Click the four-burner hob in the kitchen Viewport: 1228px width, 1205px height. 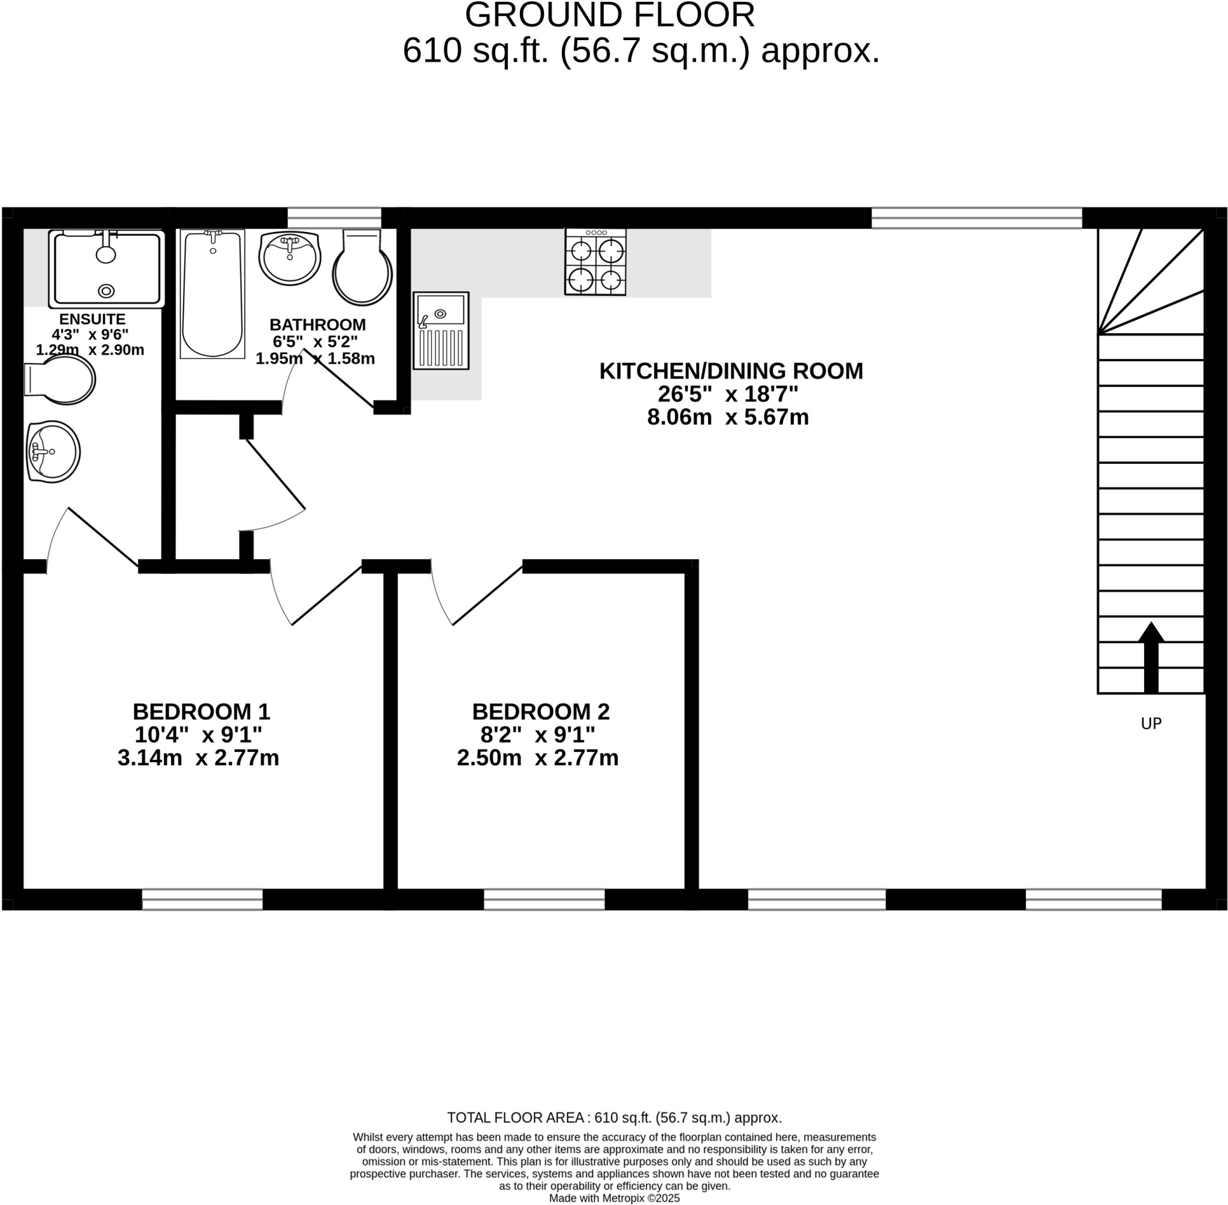pyautogui.click(x=595, y=262)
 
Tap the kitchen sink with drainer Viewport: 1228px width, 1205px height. pyautogui.click(x=441, y=331)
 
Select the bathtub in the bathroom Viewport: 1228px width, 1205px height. pyautogui.click(x=212, y=294)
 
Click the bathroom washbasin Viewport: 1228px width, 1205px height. pyautogui.click(x=290, y=258)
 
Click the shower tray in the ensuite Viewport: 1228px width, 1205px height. pyautogui.click(x=106, y=269)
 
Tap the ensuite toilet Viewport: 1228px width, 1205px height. pyautogui.click(x=61, y=379)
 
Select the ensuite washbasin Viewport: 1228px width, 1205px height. pyautogui.click(x=53, y=452)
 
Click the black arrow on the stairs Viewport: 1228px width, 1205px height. pyautogui.click(x=1151, y=658)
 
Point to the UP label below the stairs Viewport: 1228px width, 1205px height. pyautogui.click(x=1151, y=723)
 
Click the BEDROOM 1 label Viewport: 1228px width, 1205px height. pyautogui.click(x=201, y=712)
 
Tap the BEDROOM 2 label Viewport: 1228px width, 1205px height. pyautogui.click(x=540, y=712)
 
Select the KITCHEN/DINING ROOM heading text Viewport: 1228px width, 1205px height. pyautogui.click(x=731, y=371)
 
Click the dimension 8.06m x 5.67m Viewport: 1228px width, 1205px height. pyautogui.click(x=728, y=418)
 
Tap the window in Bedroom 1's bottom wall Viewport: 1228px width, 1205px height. pyautogui.click(x=202, y=899)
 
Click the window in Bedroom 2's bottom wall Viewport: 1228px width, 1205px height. pyautogui.click(x=544, y=899)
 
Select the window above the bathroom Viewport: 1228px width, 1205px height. pyautogui.click(x=335, y=218)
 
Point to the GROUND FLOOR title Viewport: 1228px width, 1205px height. pyautogui.click(x=609, y=15)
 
